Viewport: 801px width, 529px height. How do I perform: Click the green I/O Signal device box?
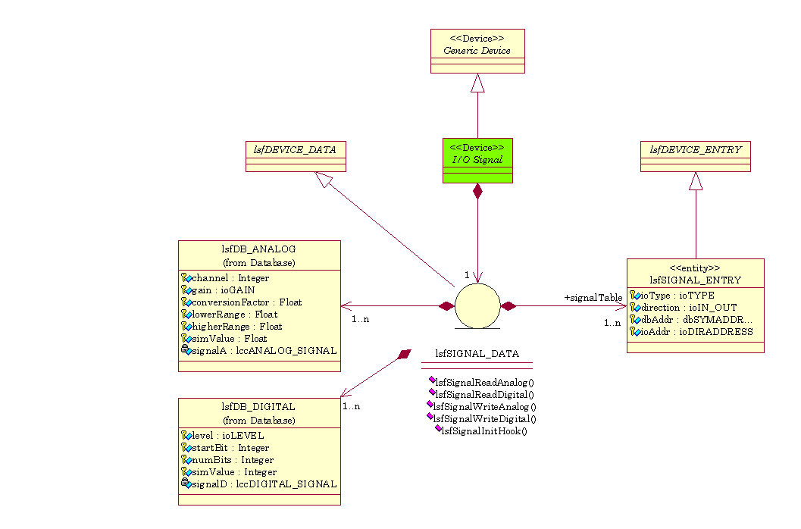(x=477, y=160)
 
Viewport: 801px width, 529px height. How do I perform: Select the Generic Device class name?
(x=477, y=51)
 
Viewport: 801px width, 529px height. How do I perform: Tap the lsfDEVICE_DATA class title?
(x=295, y=149)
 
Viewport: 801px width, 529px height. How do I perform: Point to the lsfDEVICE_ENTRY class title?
(x=695, y=149)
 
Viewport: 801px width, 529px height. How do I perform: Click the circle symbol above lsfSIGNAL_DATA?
(x=477, y=306)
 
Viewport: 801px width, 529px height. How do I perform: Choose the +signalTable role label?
(x=593, y=298)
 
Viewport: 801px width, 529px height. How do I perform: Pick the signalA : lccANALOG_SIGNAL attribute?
(x=263, y=351)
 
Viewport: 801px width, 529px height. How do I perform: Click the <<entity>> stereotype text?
(x=695, y=268)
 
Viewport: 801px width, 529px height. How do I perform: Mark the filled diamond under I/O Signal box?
(x=477, y=192)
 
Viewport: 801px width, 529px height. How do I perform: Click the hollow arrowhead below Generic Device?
(x=477, y=83)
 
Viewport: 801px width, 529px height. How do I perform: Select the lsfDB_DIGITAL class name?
(x=259, y=407)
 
